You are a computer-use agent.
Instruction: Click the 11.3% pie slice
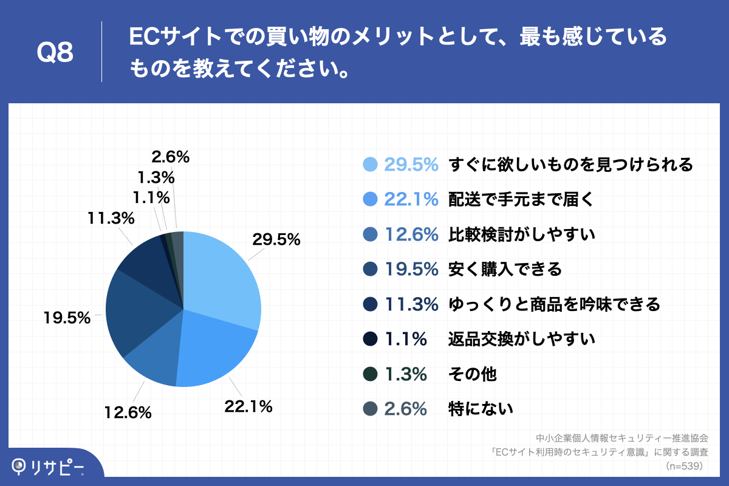point(146,261)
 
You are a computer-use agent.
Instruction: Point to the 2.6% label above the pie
point(171,157)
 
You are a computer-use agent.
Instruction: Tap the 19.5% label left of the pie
point(66,317)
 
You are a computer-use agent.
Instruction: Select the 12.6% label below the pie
point(127,413)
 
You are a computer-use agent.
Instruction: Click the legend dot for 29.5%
point(369,164)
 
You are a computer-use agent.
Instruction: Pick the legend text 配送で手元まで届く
point(519,199)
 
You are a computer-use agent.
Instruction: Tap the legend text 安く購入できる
point(505,269)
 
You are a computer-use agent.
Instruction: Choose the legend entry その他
point(472,374)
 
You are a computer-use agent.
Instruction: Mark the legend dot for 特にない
point(369,409)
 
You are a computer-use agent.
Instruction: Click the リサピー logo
point(49,466)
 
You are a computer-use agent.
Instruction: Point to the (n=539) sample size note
point(685,466)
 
